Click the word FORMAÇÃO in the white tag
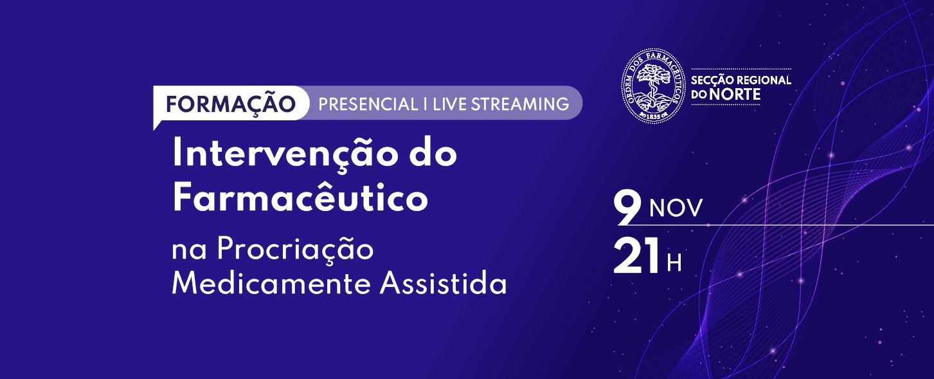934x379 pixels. coord(231,104)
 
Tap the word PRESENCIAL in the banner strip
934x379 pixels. coord(368,104)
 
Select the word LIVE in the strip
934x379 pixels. coord(449,104)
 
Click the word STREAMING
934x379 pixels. coord(520,104)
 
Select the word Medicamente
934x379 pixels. coord(271,284)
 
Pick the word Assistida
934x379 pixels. coord(444,284)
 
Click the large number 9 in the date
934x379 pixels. coord(627,207)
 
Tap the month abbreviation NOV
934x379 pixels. coord(676,208)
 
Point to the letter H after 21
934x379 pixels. coord(674,263)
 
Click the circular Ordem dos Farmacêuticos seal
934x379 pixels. coord(653,86)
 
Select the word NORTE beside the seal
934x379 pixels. coord(735,95)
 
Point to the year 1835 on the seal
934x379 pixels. coord(653,117)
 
